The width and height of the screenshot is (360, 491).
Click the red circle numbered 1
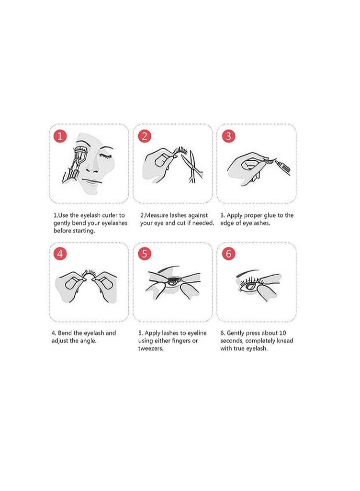coord(60,136)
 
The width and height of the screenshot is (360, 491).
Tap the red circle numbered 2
coord(145,136)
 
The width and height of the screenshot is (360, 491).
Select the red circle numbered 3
coord(228,136)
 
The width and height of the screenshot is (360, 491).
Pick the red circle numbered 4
coord(60,254)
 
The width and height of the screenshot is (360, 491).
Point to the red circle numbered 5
coord(145,254)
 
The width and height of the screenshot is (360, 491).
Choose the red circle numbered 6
coord(228,254)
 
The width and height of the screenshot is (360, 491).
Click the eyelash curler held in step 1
coord(74,165)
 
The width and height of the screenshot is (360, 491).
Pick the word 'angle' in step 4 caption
coord(87,341)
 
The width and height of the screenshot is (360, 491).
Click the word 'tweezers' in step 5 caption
coord(151,348)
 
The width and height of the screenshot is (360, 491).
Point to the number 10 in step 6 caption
coord(282,333)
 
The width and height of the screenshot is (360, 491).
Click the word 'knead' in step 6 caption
coord(285,341)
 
